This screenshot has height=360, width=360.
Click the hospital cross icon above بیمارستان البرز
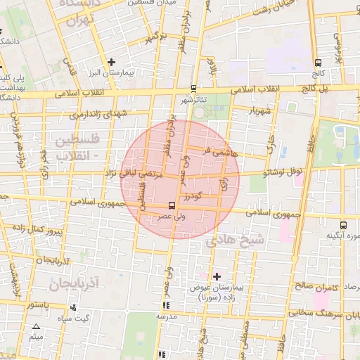tap(112, 63)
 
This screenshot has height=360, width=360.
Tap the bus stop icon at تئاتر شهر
tap(194, 89)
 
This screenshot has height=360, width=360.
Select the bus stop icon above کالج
tap(319, 63)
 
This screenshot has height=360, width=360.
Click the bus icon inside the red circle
tap(172, 205)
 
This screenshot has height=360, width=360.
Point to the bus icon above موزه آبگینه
tap(342, 224)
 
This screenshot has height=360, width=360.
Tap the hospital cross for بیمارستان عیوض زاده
tap(217, 276)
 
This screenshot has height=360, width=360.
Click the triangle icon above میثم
tap(37, 326)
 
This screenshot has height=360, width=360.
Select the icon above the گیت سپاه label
tap(74, 307)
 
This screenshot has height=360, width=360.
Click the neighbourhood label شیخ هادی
tap(235, 240)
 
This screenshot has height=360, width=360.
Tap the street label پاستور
tap(35, 304)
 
